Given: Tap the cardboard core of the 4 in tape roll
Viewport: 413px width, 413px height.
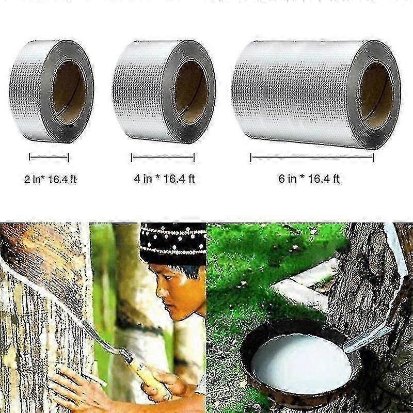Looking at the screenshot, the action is pyautogui.click(x=192, y=93).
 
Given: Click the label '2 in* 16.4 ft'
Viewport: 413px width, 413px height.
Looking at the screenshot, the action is pyautogui.click(x=50, y=180).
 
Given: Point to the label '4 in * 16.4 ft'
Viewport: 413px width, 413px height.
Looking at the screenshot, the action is pyautogui.click(x=164, y=179).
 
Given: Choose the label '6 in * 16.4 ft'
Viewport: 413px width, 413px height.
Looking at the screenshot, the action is pyautogui.click(x=309, y=179).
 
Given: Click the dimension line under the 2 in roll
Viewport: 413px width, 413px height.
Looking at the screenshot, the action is pyautogui.click(x=49, y=157).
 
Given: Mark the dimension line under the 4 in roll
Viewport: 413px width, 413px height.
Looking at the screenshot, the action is pyautogui.click(x=163, y=157).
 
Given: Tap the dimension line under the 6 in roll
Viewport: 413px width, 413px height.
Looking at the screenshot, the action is pyautogui.click(x=312, y=158).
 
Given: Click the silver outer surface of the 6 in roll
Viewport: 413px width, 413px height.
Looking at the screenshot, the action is pyautogui.click(x=295, y=92).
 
